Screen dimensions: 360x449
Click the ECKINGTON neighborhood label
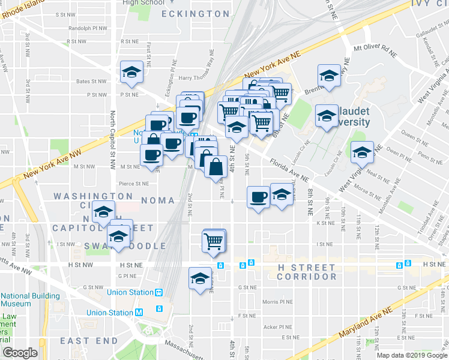tap(195, 13)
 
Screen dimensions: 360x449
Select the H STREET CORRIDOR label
tap(306, 272)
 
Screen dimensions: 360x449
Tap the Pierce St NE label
tap(133, 184)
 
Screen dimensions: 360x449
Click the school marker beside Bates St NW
tap(131, 72)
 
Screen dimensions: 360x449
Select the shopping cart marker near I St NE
tap(214, 240)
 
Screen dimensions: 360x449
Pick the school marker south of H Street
tap(200, 278)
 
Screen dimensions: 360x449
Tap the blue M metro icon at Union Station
tap(139, 312)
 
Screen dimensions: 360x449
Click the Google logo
tap(20, 353)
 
